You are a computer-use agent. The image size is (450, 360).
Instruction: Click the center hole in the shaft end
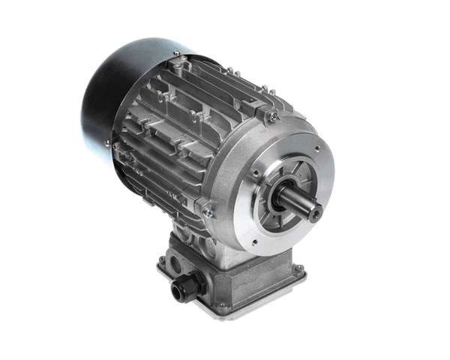pyautogui.click(x=316, y=214)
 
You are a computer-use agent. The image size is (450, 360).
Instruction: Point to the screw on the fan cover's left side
pyautogui.click(x=108, y=142)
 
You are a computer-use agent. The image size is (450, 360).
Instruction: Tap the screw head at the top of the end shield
pyautogui.click(x=274, y=116)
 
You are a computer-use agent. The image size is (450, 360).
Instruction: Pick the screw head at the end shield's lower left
pyautogui.click(x=208, y=213)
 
